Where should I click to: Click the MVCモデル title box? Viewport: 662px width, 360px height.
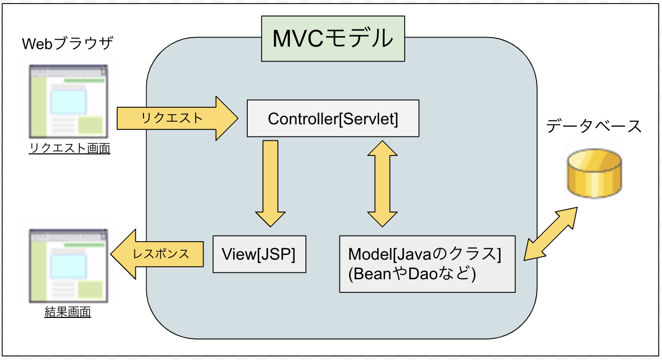pos(333,39)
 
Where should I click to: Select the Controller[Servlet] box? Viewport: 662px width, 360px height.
pos(333,118)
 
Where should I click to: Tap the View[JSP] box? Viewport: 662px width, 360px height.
pos(259,254)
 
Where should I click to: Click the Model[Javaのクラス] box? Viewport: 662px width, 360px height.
pos(427,264)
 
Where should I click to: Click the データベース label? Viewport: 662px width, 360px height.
pos(594,126)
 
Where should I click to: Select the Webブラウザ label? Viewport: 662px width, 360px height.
pos(68,44)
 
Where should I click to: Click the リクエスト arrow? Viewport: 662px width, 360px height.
pos(176,118)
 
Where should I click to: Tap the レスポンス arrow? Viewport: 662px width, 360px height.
pos(158,254)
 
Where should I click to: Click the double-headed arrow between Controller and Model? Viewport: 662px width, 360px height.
pos(383,183)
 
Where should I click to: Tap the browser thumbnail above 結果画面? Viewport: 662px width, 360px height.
pos(68,266)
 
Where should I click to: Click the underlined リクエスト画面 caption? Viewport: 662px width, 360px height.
pos(69,148)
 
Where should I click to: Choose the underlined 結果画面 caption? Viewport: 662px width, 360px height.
pos(68,312)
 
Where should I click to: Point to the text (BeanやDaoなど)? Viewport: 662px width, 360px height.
pos(412,274)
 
